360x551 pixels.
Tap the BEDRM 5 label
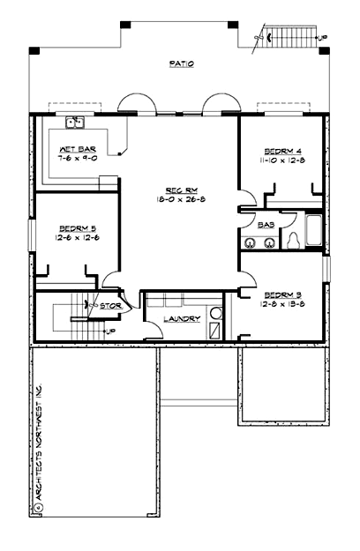point(77,227)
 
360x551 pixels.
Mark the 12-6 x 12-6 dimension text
point(77,237)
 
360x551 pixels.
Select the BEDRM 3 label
point(283,294)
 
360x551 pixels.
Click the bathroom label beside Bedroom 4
point(265,226)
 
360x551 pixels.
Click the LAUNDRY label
point(181,318)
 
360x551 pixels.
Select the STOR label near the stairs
point(110,306)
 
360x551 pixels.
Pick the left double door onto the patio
point(139,103)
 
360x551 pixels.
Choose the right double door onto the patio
point(218,103)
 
